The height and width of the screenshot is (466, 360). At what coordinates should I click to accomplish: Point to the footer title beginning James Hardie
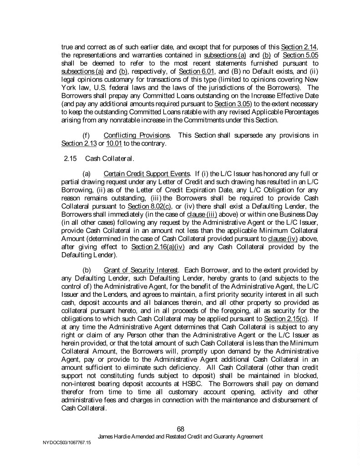(x=181, y=436)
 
